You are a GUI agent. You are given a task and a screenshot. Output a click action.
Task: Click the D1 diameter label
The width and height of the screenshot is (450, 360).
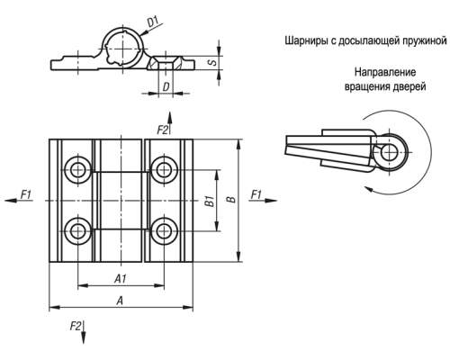click(153, 22)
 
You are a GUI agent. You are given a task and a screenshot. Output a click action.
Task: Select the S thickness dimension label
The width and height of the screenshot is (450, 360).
click(212, 63)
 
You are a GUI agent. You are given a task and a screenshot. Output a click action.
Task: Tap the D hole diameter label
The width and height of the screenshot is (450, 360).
click(166, 86)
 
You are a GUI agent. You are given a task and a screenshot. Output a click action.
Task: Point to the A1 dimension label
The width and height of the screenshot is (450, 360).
click(121, 279)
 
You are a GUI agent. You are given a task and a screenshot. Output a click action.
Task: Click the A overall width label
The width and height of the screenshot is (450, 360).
click(120, 301)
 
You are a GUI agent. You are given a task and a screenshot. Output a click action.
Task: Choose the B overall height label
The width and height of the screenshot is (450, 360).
click(231, 200)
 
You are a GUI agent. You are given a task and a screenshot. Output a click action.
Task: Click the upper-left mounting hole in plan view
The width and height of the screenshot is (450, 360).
click(78, 170)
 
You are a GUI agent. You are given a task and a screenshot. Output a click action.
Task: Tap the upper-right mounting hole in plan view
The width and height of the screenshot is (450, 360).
click(164, 170)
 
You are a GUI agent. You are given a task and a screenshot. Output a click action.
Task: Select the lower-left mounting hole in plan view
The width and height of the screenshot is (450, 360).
click(78, 230)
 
